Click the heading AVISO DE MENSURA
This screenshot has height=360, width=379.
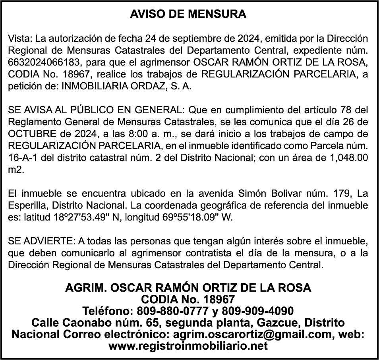pyautogui.click(x=188, y=14)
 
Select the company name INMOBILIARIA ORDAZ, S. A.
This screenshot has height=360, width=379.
pyautogui.click(x=126, y=87)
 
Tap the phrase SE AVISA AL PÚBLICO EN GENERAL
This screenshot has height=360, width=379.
pyautogui.click(x=97, y=110)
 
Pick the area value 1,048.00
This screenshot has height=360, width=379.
pyautogui.click(x=344, y=157)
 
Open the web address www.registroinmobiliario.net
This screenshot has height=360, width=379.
pyautogui.click(x=188, y=346)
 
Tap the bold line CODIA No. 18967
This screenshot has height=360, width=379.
pyautogui.click(x=188, y=299)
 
